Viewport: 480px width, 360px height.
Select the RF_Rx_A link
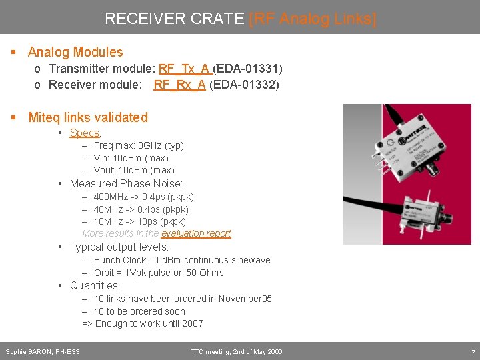pos(179,85)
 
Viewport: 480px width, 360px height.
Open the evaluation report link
pos(196,233)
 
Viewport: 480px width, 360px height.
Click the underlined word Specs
pos(85,133)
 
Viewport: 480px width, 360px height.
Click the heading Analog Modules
pos(75,52)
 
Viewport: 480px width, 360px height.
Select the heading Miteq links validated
pos(88,117)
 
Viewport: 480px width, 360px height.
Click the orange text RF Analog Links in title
pos(312,19)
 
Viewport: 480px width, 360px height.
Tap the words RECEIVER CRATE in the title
pos(175,19)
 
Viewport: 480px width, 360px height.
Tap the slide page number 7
pos(473,351)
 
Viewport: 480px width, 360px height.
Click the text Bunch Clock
pos(119,260)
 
